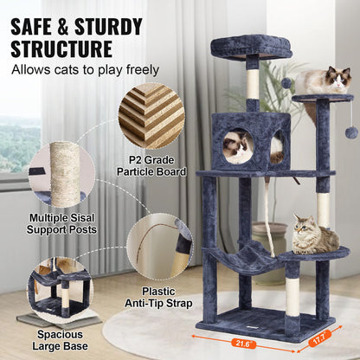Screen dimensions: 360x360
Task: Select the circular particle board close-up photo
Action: (x=151, y=116)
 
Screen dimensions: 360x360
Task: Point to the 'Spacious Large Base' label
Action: (x=61, y=339)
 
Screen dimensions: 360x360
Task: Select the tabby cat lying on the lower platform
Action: (x=313, y=235)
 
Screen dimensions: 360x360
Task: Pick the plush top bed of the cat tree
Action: (x=251, y=45)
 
